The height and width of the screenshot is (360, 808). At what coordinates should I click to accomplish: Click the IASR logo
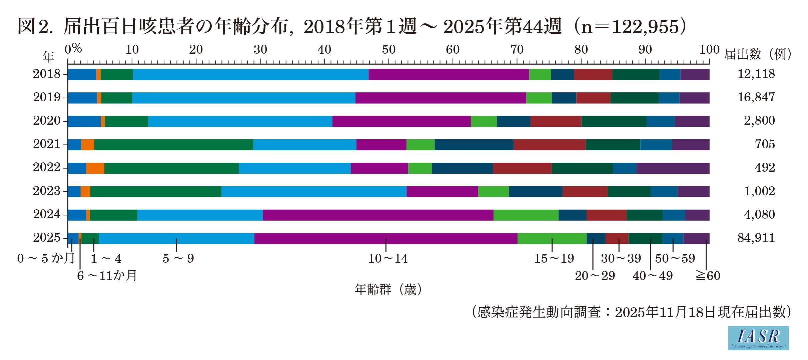click(758, 338)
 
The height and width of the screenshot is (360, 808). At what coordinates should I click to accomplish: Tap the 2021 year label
click(47, 144)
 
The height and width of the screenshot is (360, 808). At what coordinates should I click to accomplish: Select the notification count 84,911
click(756, 238)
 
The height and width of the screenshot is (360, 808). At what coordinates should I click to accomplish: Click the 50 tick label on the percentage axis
click(388, 50)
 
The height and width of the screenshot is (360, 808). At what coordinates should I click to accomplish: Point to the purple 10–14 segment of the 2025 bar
click(385, 238)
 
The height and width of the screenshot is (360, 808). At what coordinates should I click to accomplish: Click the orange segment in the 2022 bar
click(95, 168)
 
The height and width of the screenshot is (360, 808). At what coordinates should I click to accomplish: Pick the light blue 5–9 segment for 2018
click(251, 74)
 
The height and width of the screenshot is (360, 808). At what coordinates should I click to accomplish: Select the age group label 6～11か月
click(107, 276)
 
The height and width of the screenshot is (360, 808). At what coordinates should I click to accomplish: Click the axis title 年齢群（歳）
click(388, 289)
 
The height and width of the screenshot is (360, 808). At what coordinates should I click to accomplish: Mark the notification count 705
click(765, 144)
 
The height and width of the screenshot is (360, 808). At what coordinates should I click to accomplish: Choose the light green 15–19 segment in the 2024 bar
click(526, 215)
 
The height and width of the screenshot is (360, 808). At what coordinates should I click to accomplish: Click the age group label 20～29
click(595, 276)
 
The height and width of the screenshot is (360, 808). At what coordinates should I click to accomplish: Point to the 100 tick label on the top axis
click(709, 50)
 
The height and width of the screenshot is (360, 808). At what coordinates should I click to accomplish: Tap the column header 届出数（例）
click(758, 54)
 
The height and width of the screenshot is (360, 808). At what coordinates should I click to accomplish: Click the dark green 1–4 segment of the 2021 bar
click(174, 145)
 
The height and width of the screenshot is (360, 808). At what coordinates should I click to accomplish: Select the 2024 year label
click(47, 214)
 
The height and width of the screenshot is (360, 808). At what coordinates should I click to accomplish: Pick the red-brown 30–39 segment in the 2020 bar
click(556, 121)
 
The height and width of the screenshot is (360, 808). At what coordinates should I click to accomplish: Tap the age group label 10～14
click(388, 259)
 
